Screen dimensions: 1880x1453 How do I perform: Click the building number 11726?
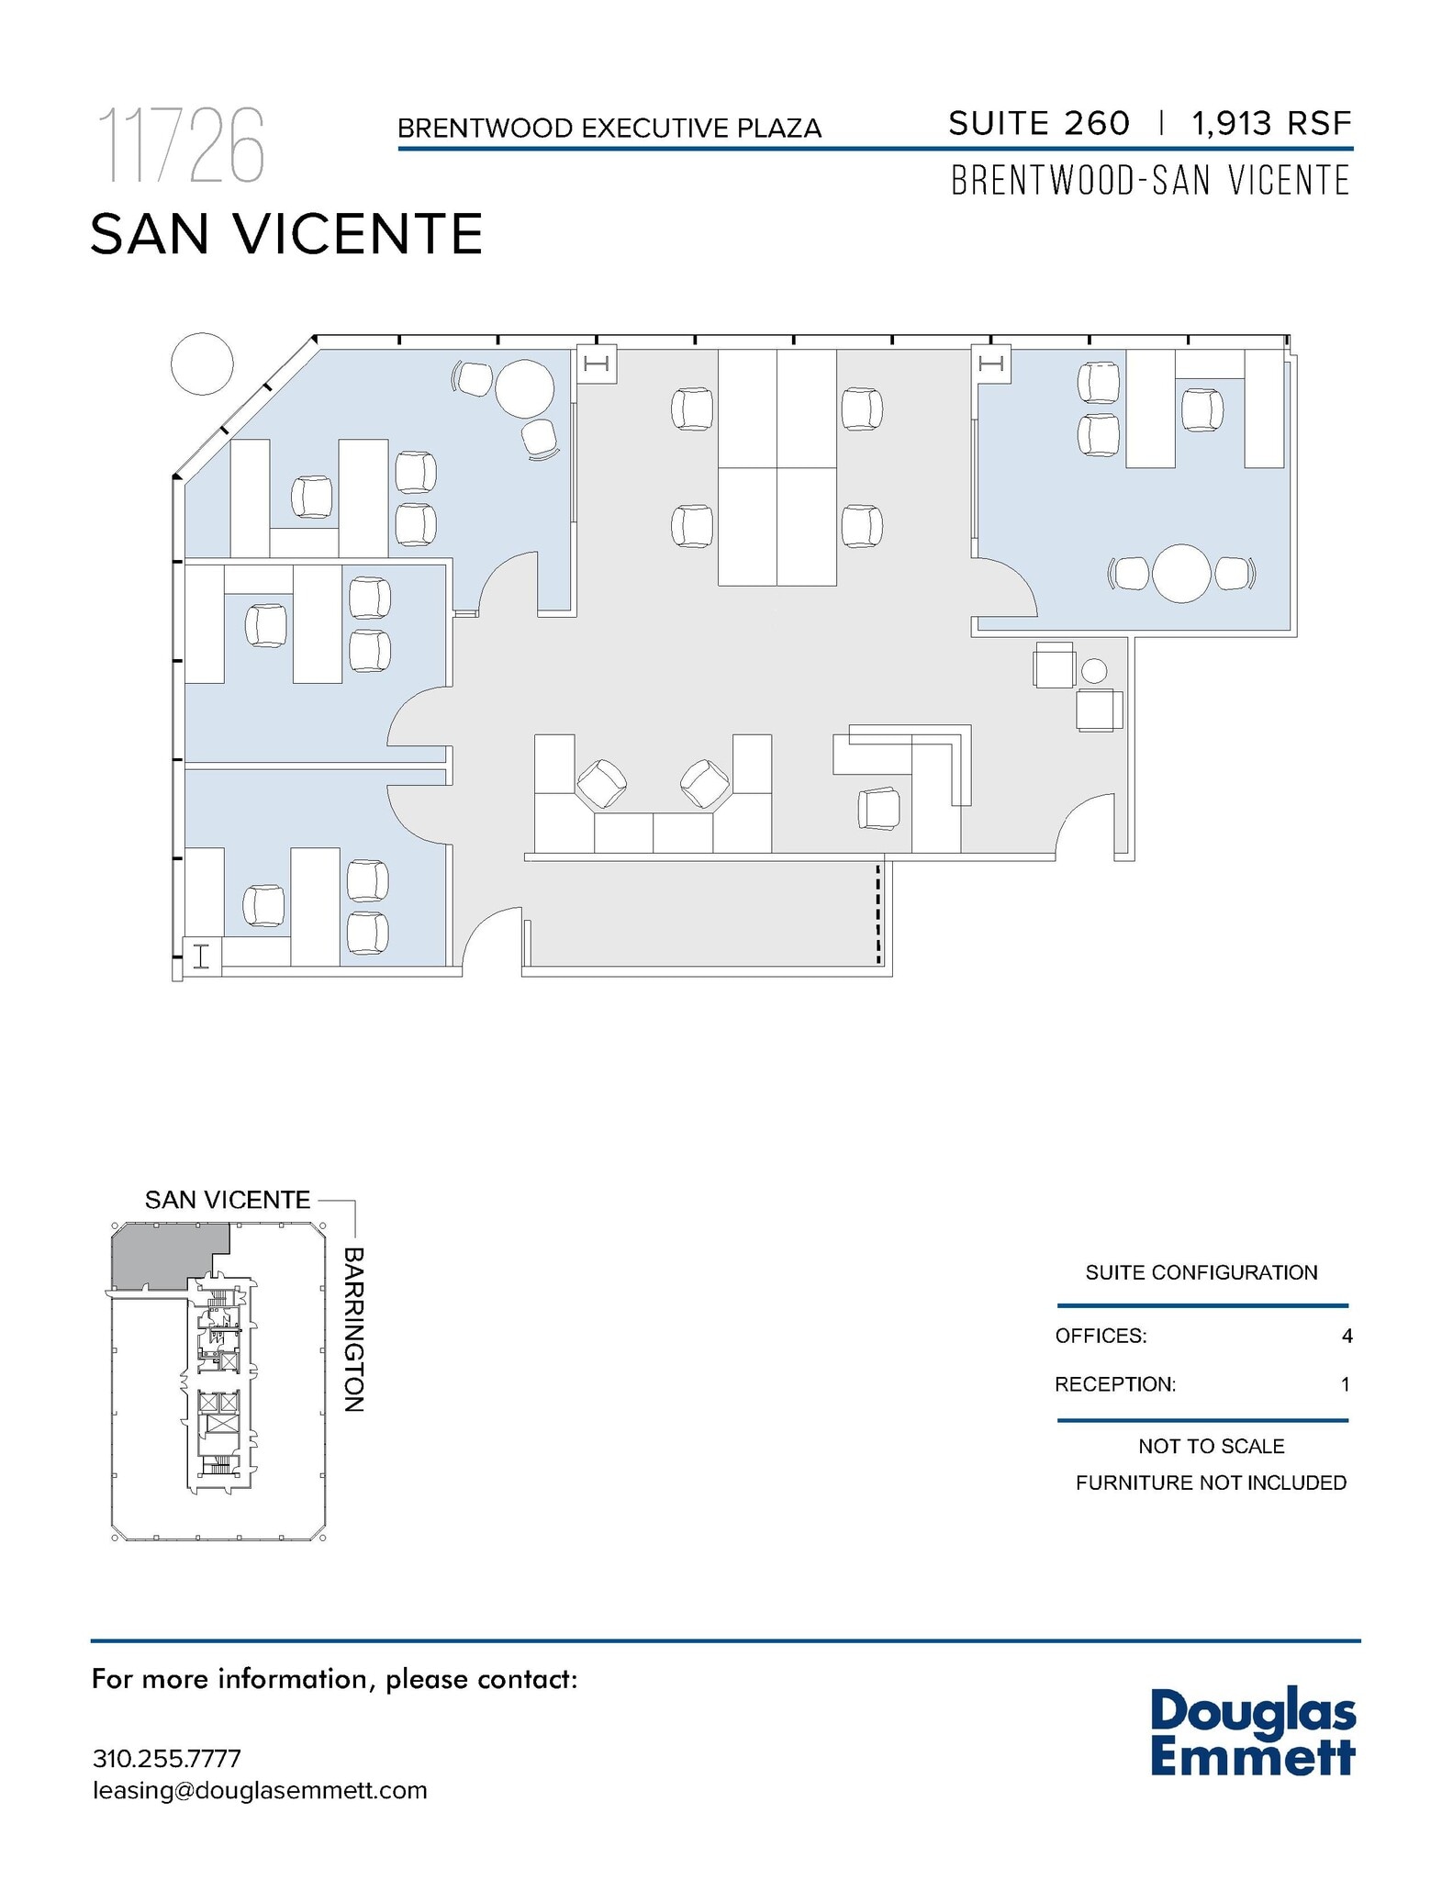point(182,146)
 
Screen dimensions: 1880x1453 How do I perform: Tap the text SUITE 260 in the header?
point(1038,123)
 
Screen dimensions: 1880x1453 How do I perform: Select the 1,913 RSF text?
point(1271,123)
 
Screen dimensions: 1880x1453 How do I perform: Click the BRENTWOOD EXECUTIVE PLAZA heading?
point(609,128)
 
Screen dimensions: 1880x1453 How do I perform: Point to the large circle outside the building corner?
point(202,364)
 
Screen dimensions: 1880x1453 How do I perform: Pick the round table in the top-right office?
point(1181,574)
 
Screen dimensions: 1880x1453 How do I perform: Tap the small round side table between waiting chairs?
point(1093,671)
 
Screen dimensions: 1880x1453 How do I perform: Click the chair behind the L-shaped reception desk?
point(879,809)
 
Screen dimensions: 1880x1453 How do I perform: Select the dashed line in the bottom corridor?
point(877,913)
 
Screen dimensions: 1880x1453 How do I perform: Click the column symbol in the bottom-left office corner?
point(202,957)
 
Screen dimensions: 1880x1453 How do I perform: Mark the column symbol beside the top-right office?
point(991,364)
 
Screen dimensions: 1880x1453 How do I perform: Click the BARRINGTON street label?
point(354,1328)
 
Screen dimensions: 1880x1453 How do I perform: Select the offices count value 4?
point(1347,1336)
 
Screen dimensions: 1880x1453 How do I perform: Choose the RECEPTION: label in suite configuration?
point(1114,1384)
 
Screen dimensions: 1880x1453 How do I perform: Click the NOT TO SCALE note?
point(1211,1446)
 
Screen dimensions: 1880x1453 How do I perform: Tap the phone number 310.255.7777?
point(166,1758)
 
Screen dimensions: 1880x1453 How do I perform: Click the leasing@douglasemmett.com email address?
point(260,1790)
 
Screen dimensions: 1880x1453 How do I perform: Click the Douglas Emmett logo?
point(1252,1733)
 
